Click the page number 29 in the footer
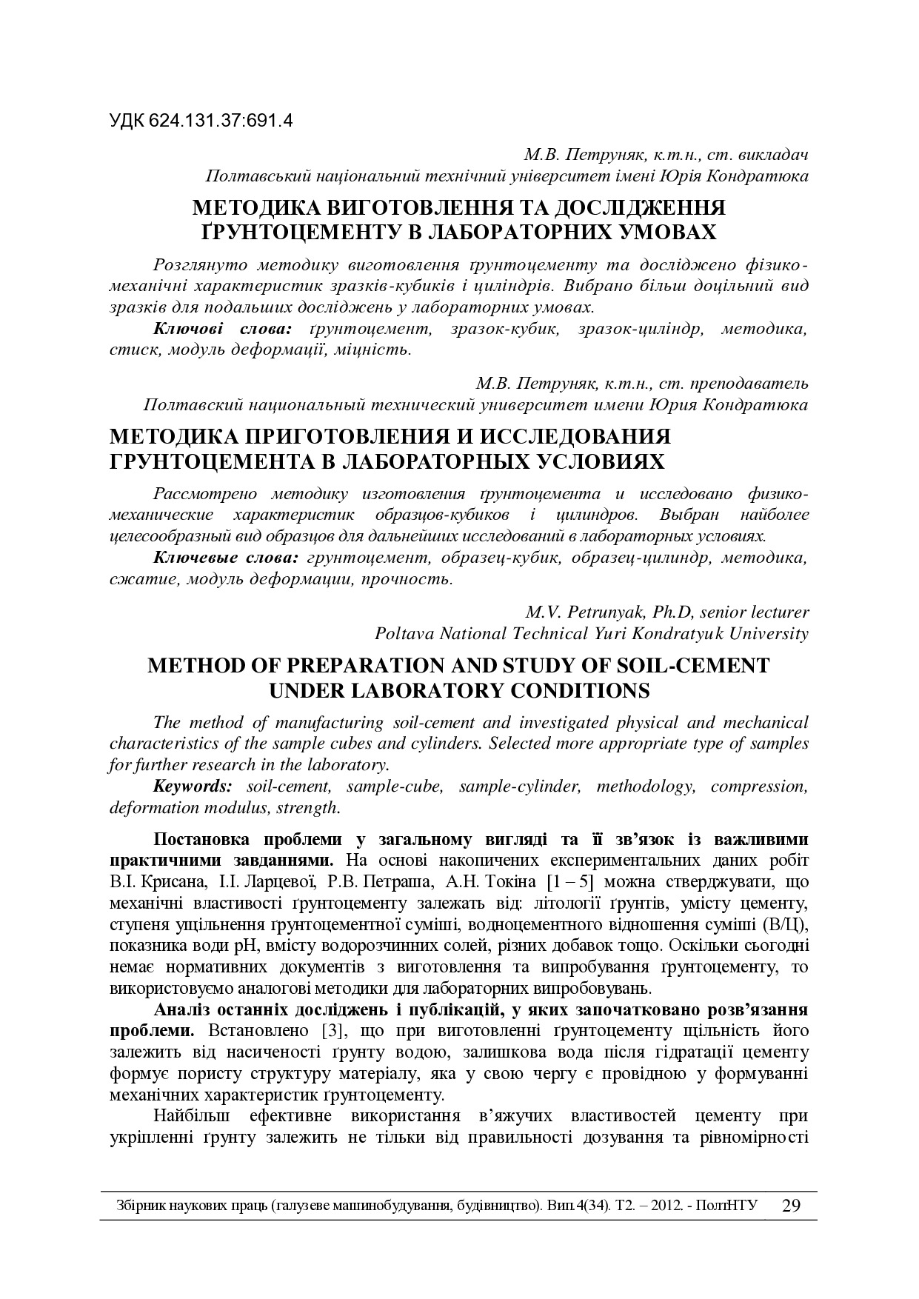(792, 1205)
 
